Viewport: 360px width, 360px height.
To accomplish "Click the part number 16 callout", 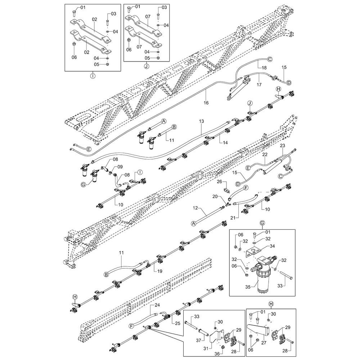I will (x=206, y=103).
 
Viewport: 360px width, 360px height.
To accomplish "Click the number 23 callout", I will (x=283, y=145).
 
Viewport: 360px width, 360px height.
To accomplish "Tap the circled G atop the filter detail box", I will (x=262, y=223).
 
